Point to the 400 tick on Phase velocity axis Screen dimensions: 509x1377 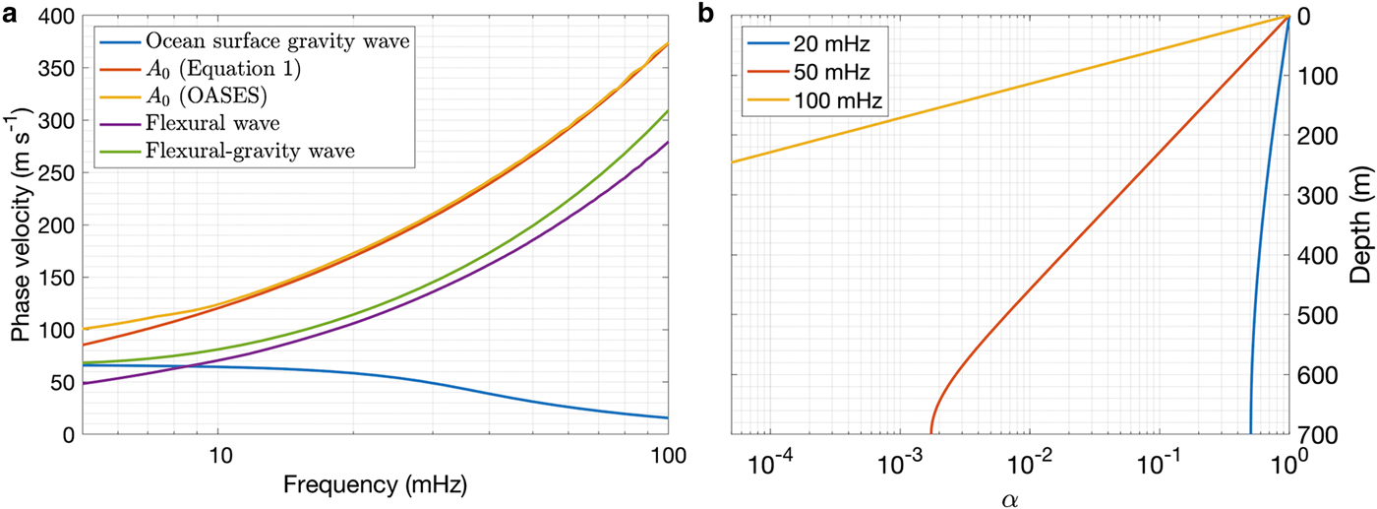[62, 17]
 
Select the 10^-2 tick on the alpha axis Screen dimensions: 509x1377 [1029, 459]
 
